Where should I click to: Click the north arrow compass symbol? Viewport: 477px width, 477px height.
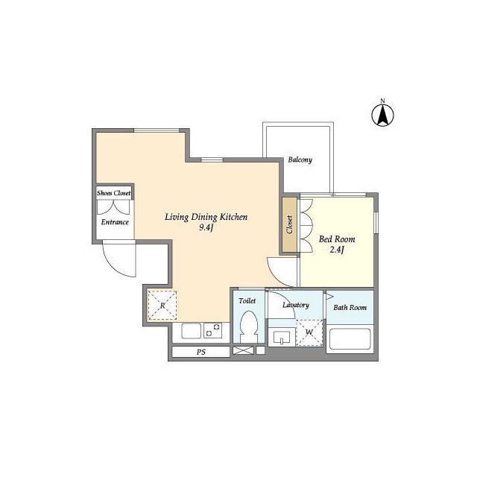[382, 114]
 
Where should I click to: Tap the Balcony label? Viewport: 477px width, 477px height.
[300, 159]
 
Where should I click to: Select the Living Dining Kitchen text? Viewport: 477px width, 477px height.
[206, 217]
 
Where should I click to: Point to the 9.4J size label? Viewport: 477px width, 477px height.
[206, 227]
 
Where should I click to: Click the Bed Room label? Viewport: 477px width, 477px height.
[337, 239]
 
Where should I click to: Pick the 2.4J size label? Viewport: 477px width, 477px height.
[337, 250]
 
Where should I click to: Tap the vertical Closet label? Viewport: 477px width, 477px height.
[289, 224]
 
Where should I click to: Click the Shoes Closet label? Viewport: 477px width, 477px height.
[114, 193]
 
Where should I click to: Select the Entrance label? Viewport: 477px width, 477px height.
[115, 222]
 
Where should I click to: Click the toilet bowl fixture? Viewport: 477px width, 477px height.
[249, 326]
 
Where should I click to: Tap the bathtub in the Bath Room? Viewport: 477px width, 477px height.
[350, 339]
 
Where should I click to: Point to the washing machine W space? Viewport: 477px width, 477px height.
[309, 332]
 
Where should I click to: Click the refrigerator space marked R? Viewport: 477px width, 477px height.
[162, 305]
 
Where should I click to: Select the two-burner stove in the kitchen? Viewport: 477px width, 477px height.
[212, 330]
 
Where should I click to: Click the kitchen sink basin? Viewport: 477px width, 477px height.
[192, 331]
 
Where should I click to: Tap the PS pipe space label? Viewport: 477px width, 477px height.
[200, 352]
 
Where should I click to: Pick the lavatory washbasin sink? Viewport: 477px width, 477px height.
[282, 338]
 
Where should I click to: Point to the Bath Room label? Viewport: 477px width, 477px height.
[350, 308]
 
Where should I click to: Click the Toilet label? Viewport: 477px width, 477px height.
[247, 301]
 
